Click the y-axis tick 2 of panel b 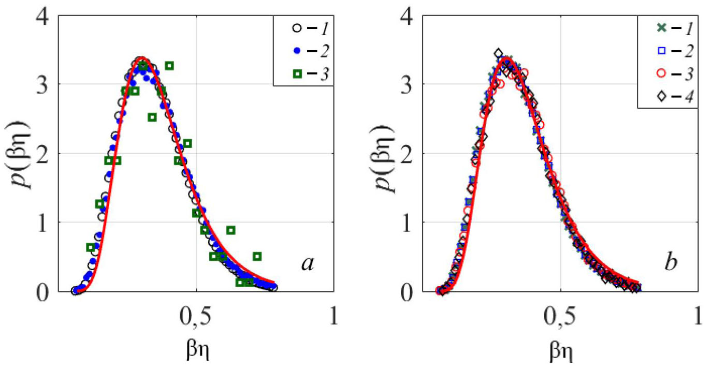(x=407, y=154)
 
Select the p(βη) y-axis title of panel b (x=386, y=154)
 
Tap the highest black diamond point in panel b (x=498, y=53)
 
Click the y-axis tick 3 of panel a (x=42, y=84)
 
